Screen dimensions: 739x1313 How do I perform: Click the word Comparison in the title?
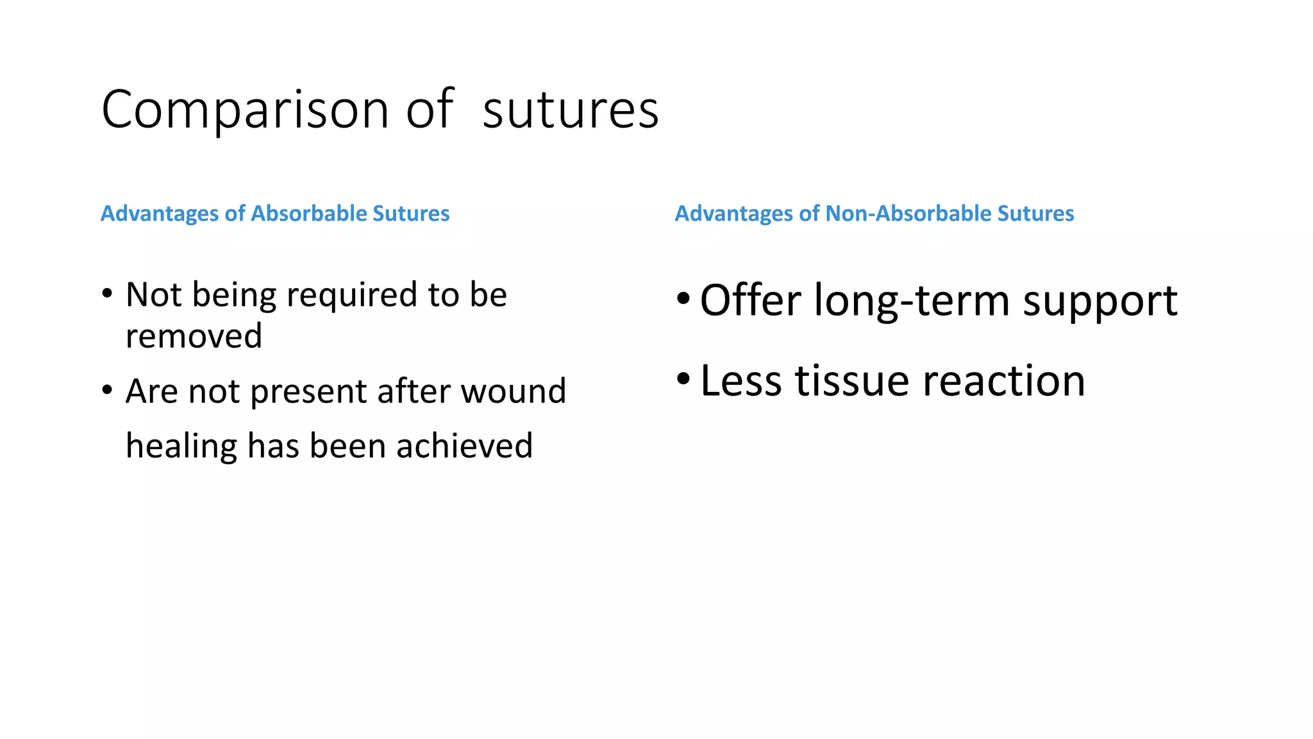point(244,110)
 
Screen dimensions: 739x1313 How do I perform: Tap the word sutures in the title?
point(570,110)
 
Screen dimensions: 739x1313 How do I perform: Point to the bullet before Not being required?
point(107,294)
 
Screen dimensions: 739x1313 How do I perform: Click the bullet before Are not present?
point(107,390)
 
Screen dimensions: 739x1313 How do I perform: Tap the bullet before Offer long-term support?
point(683,299)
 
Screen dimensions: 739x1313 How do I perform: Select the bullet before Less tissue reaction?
point(683,379)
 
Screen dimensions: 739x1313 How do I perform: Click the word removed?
point(194,336)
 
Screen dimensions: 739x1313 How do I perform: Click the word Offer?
point(750,300)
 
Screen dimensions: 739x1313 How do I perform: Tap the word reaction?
point(1004,381)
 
